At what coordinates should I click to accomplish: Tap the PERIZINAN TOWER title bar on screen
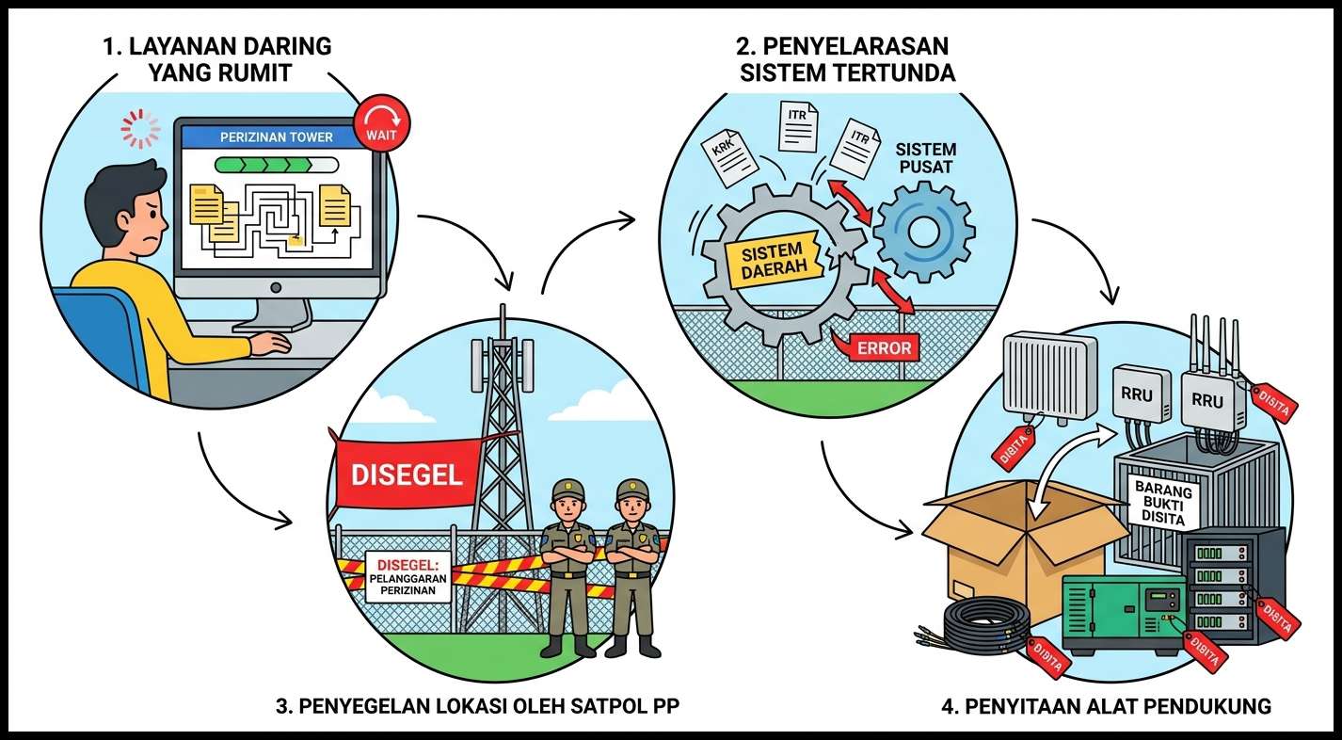(x=276, y=137)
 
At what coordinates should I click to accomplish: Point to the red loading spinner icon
(x=140, y=129)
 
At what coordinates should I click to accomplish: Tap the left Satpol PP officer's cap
(x=567, y=491)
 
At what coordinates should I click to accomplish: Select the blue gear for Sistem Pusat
(x=923, y=232)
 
